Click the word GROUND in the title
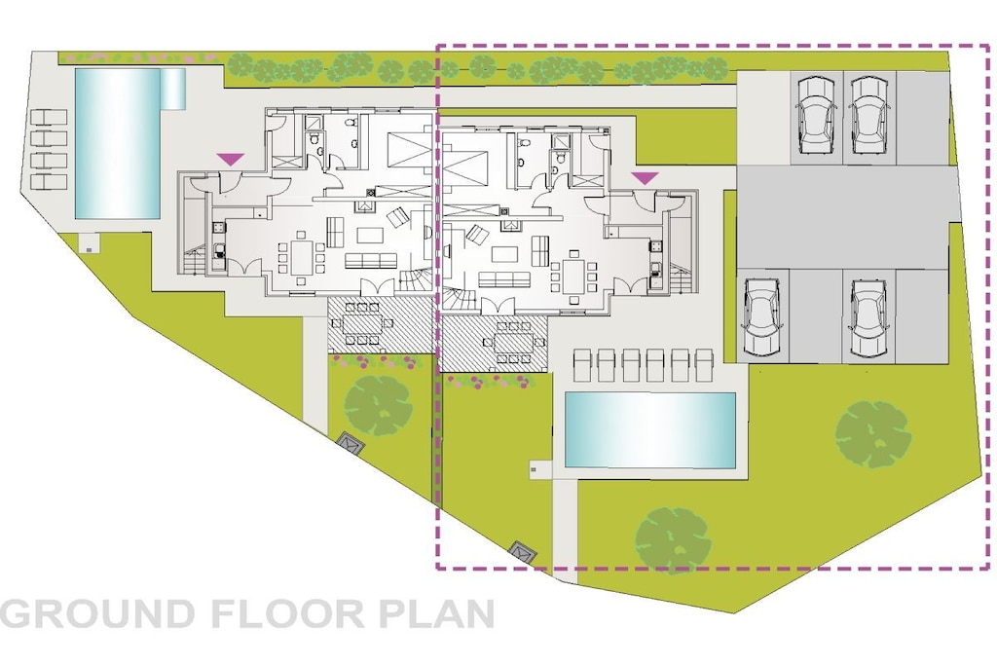pos(98,613)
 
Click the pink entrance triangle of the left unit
pos(230,160)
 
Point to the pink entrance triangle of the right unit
pos(645,178)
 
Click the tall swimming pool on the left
pos(117,143)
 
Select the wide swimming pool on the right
pos(649,429)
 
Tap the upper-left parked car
pos(816,115)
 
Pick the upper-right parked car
pos(869,115)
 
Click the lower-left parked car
pos(761,316)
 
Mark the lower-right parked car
pos(868,316)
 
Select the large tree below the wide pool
pos(674,539)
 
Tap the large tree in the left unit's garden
pos(379,406)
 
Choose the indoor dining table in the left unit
pos(302,256)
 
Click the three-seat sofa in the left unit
pos(371,260)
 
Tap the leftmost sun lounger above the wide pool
pos(585,366)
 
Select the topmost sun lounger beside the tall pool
pos(49,117)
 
